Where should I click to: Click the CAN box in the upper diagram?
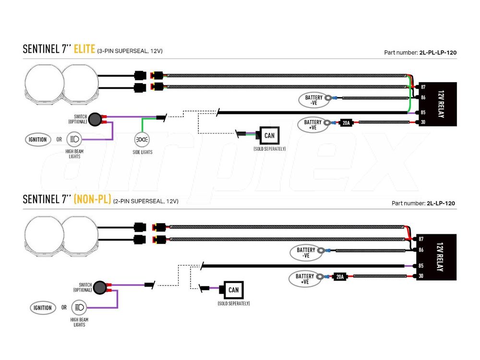point(269,136)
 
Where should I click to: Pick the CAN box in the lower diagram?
point(233,289)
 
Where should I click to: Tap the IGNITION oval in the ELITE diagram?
point(37,140)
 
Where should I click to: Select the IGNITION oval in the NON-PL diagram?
point(43,308)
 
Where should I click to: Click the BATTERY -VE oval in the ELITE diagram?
point(314,100)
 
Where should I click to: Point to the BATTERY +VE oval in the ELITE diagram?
point(313,125)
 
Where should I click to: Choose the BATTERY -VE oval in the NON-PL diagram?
point(306,252)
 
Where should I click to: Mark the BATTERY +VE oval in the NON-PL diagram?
point(305,278)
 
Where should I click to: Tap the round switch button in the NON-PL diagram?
point(100,288)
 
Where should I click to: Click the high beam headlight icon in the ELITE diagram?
point(75,140)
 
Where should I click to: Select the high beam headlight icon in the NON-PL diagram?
point(79,308)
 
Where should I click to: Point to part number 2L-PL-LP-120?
point(438,52)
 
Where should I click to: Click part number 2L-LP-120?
point(441,203)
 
